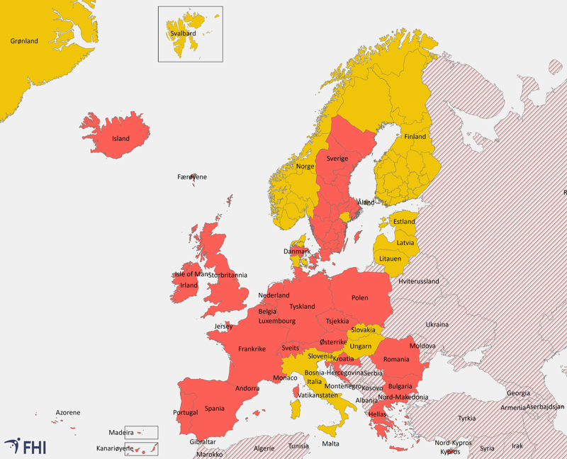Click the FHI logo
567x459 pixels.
click(x=26, y=446)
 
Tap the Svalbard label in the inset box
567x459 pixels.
click(x=183, y=33)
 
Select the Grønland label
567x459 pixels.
click(x=24, y=41)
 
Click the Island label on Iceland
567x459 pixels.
click(x=121, y=139)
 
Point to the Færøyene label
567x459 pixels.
click(x=192, y=177)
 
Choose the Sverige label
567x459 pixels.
click(x=337, y=159)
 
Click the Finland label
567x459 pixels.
click(x=415, y=137)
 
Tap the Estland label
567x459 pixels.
click(x=404, y=222)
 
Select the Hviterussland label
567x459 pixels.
click(x=419, y=281)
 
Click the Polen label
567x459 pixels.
click(x=359, y=298)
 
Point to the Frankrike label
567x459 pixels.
click(x=252, y=348)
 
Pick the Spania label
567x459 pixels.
click(x=215, y=409)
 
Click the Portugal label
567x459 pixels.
click(x=185, y=413)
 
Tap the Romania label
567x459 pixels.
click(x=396, y=359)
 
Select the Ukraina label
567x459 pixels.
click(x=437, y=325)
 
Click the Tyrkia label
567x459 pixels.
click(x=466, y=418)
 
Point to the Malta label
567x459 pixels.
click(x=330, y=443)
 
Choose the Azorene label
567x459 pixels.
click(x=68, y=412)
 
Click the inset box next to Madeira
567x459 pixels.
click(x=146, y=432)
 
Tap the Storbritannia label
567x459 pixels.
click(x=228, y=275)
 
